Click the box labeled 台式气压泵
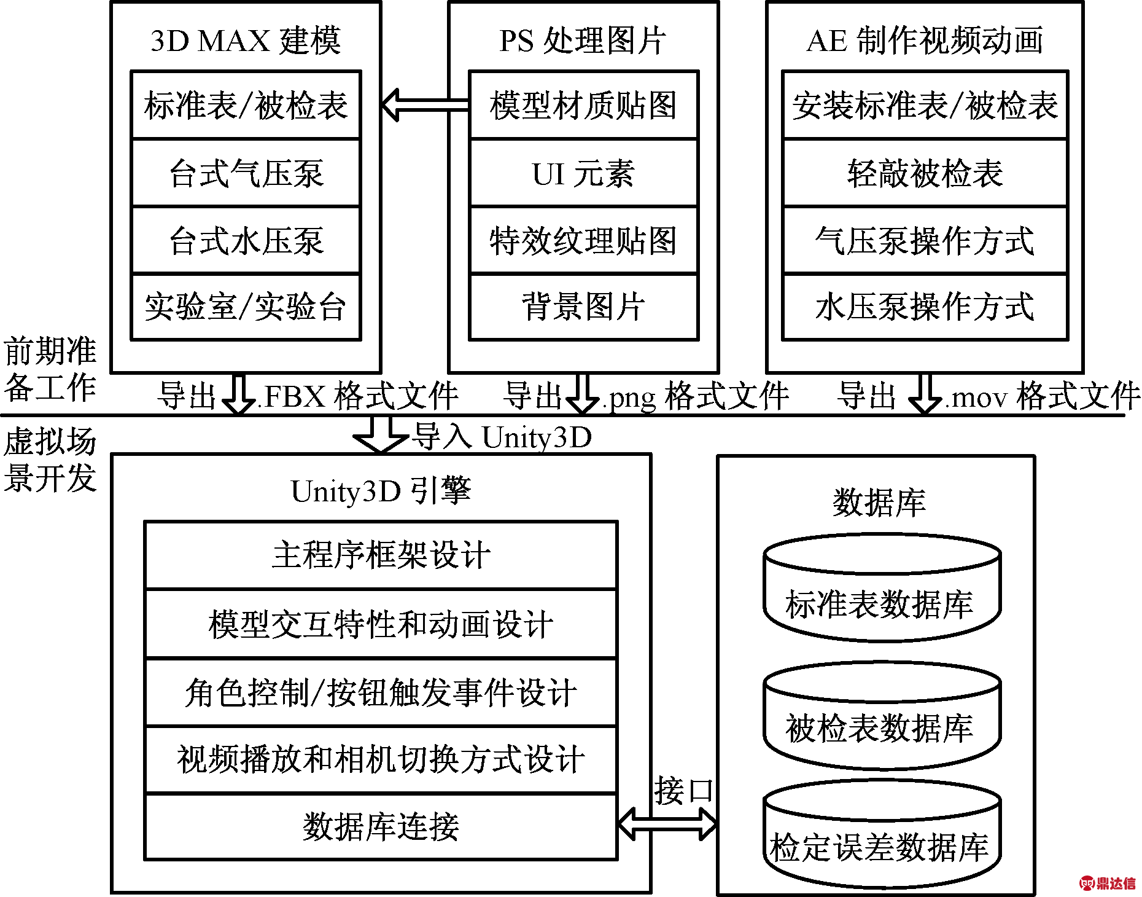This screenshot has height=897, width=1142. pos(246,173)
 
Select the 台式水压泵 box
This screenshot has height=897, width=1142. pos(246,240)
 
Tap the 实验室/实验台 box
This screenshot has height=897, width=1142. pos(246,307)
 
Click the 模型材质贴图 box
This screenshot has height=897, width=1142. pos(583,104)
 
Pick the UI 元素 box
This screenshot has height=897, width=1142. pos(583,173)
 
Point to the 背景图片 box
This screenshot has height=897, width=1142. pos(583,307)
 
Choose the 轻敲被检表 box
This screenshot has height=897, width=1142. pos(925,173)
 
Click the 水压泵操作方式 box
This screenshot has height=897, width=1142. pos(925,307)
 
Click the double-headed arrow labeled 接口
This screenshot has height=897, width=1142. pos(667,823)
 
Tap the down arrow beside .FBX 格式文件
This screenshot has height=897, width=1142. pos(238,393)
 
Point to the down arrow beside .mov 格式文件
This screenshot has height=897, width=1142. pos(925,393)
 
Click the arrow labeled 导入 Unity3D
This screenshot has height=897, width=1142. pos(381,434)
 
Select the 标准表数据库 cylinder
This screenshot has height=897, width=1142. pos(882,588)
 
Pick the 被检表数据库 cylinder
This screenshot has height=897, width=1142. pos(882,716)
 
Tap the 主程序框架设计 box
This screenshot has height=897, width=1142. pos(381,555)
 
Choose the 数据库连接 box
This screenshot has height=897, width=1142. pos(381,826)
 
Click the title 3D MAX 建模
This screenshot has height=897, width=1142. pos(246,41)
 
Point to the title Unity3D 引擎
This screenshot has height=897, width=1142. pos(381,491)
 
